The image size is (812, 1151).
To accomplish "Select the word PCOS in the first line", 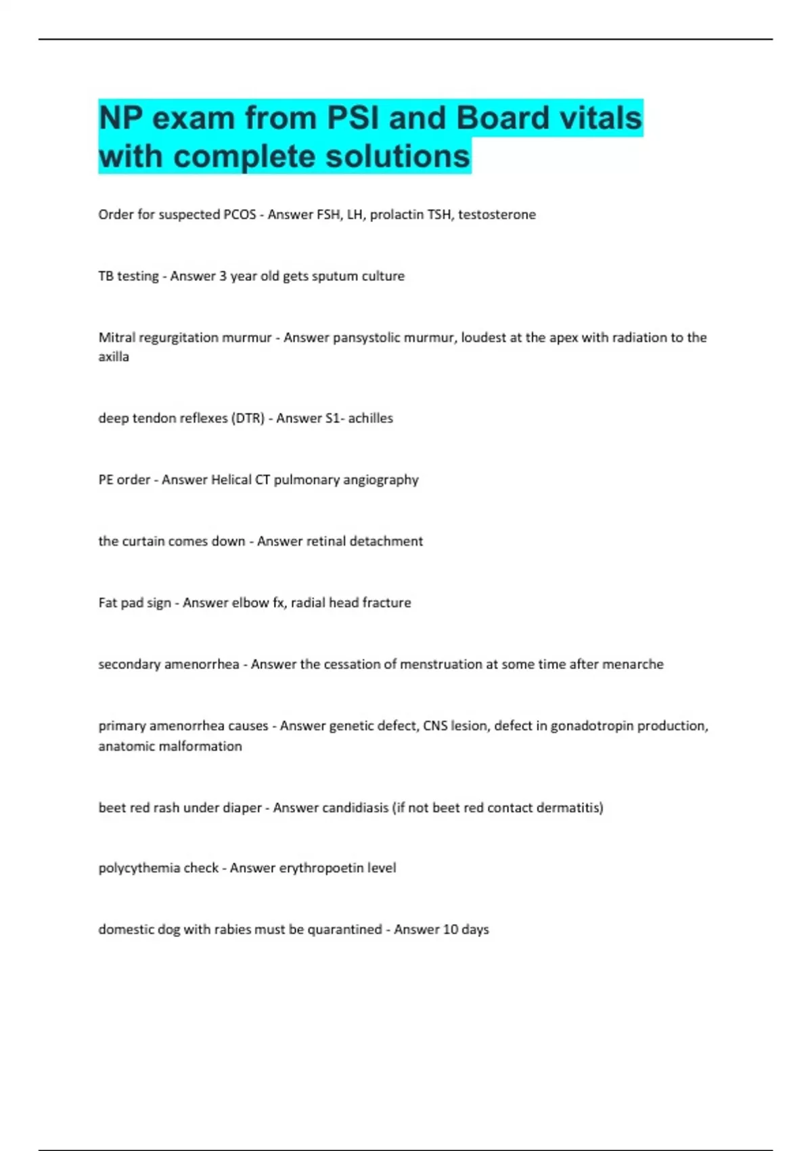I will [240, 215].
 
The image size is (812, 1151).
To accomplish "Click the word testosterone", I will [497, 215].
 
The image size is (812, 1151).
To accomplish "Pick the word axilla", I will [114, 357].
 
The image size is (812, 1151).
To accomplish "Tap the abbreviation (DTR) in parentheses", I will [248, 418].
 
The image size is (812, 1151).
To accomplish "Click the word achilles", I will [370, 418].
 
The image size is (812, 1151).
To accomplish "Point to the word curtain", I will [142, 541].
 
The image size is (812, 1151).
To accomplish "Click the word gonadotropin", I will [592, 726].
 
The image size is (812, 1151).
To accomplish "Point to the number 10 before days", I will [450, 930].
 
